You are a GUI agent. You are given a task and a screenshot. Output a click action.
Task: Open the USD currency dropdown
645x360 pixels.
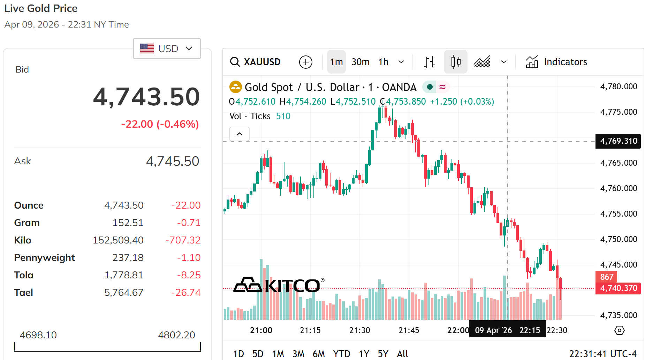click(167, 48)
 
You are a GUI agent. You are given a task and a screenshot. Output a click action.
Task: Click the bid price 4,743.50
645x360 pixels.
click(146, 97)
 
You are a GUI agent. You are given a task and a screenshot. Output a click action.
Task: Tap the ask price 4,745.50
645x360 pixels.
click(172, 161)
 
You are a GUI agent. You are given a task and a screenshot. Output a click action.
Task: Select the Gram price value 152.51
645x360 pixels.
click(128, 223)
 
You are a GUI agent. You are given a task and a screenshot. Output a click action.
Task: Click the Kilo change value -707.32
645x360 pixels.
click(183, 240)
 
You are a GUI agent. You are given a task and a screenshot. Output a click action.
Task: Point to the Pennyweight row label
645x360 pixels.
click(44, 257)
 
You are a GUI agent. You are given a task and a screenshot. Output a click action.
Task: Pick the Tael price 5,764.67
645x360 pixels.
click(124, 292)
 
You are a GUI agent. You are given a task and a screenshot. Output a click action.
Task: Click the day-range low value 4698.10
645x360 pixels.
click(38, 335)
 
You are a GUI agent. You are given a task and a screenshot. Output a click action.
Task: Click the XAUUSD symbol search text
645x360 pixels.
click(262, 62)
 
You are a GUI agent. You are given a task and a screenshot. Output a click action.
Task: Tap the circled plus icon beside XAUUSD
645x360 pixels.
click(305, 62)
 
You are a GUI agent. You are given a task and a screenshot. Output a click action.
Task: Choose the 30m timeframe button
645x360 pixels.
click(360, 62)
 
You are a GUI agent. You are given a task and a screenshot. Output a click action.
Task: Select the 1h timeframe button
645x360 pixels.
click(383, 62)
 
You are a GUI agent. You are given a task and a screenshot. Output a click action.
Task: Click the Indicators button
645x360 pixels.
click(556, 62)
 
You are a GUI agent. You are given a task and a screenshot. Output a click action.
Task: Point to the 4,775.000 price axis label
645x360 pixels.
click(619, 112)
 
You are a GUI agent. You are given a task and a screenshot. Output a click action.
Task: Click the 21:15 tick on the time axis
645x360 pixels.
click(310, 330)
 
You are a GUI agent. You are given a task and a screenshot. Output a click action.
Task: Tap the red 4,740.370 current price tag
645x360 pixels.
click(618, 288)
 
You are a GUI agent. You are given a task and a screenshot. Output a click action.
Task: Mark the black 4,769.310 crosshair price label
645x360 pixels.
click(618, 141)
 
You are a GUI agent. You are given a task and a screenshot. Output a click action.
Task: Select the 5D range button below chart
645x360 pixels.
click(258, 354)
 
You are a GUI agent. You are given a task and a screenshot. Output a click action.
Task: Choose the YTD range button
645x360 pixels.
click(341, 354)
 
